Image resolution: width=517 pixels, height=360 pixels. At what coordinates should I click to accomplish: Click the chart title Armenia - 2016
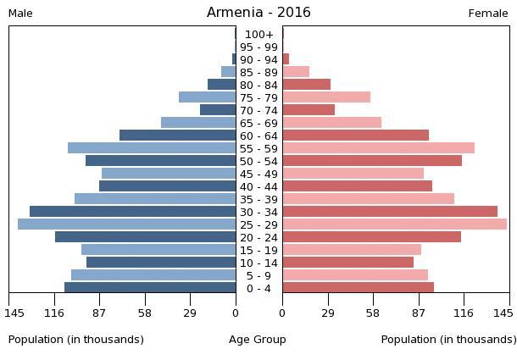click(258, 13)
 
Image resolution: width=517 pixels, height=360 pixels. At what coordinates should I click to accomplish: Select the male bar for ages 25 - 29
click(127, 224)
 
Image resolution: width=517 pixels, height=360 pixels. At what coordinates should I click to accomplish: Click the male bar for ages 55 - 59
click(152, 148)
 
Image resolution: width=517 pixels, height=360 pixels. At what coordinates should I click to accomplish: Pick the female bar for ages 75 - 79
click(326, 97)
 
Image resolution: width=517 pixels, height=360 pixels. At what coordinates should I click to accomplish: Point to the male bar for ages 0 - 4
click(150, 288)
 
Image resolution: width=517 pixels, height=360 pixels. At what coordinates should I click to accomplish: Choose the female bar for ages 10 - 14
click(347, 263)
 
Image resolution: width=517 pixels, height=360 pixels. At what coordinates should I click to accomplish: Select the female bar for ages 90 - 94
click(286, 59)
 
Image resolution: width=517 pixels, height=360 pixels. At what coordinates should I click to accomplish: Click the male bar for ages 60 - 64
click(178, 136)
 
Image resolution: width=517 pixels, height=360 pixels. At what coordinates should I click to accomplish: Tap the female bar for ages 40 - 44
click(357, 186)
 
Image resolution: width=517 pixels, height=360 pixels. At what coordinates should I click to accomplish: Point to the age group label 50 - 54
click(258, 161)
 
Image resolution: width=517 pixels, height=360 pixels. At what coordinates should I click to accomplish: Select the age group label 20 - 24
click(258, 237)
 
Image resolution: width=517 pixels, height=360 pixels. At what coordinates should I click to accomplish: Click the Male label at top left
click(20, 14)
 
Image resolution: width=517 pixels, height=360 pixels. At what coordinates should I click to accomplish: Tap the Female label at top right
click(488, 14)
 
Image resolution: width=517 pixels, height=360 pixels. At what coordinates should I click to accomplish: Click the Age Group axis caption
click(258, 340)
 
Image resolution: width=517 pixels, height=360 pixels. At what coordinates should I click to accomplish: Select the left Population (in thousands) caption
click(76, 340)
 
